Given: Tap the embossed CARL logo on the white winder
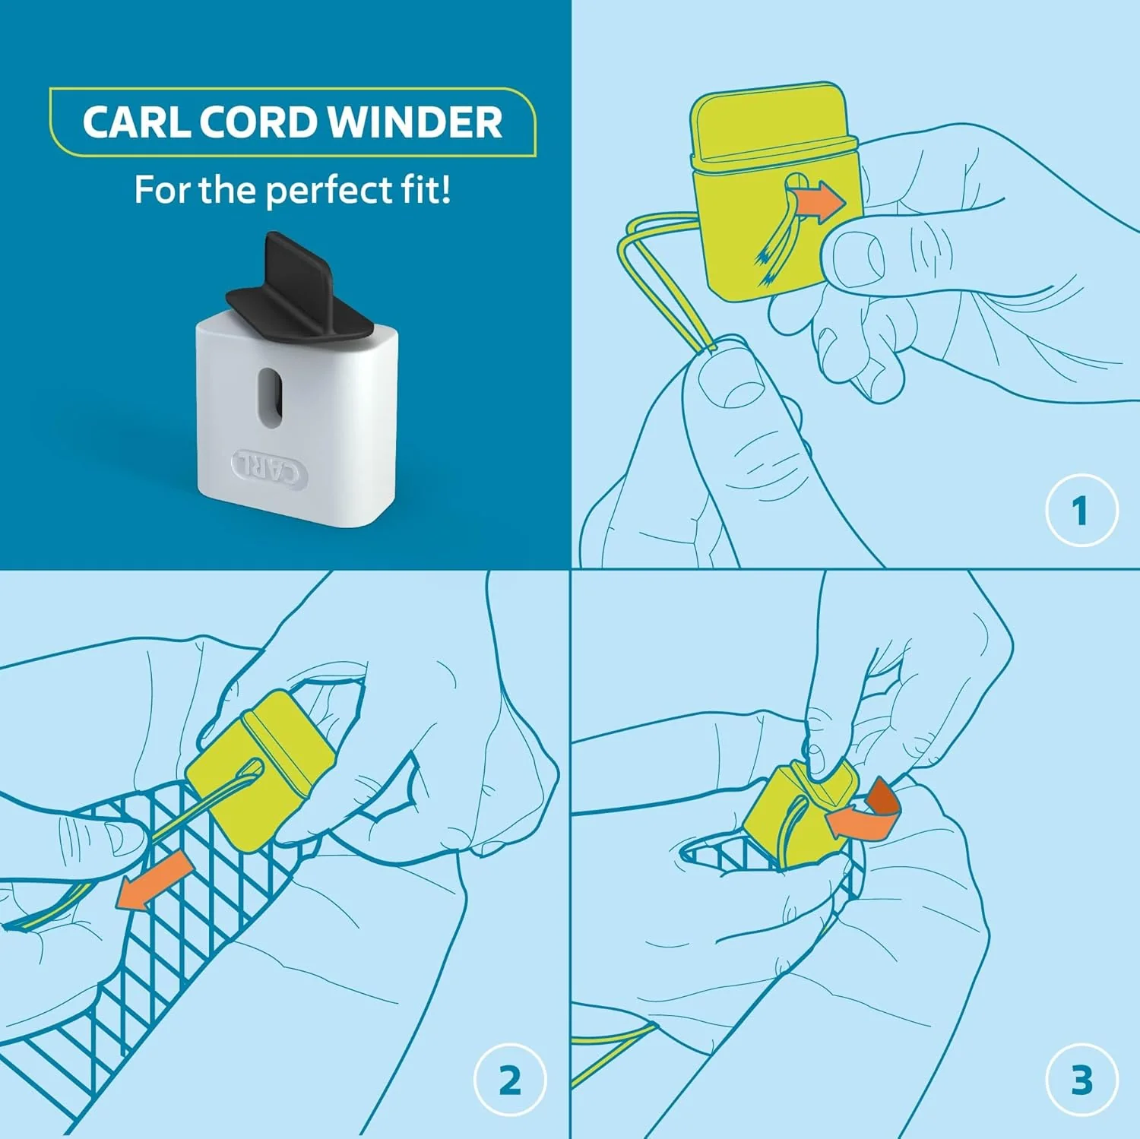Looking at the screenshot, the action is pyautogui.click(x=270, y=467).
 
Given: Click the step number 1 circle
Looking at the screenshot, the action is pyautogui.click(x=1081, y=510).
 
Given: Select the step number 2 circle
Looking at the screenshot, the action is pyautogui.click(x=510, y=1080).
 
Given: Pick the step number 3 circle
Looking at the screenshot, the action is pyautogui.click(x=1081, y=1080).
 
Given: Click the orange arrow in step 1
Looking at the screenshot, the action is pyautogui.click(x=817, y=203).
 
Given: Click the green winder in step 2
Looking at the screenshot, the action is pyautogui.click(x=258, y=767).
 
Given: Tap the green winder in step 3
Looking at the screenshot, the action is pyautogui.click(x=798, y=817).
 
